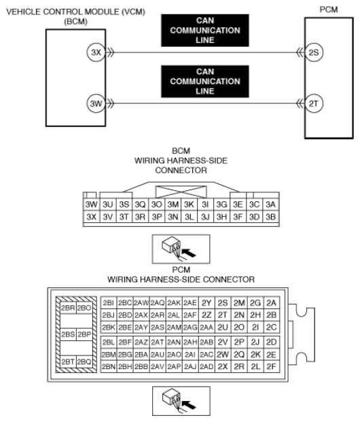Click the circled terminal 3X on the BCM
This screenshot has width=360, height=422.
pos(96,52)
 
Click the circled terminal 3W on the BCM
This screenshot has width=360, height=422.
pos(96,103)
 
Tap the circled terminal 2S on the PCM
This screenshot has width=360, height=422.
pos(314,52)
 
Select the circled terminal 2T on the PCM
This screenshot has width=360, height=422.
pos(314,103)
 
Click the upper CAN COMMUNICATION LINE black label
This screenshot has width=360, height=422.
pos(205,31)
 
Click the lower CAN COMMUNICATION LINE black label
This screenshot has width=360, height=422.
pos(205,82)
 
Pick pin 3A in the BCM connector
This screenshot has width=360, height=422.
pos(270,205)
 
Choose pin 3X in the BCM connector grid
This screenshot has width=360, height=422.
pos(92,217)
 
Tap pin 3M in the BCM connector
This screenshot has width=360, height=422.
pos(173,205)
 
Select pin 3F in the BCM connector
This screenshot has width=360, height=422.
pos(238,217)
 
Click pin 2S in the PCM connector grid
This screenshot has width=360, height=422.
pos(223,303)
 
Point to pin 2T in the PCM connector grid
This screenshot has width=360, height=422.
pos(223,315)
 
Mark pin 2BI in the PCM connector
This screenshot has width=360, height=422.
pos(109,303)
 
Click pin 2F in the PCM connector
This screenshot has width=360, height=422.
pos(272,366)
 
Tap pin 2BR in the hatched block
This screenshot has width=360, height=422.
pos(68,308)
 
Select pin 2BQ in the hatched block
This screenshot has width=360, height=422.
pos(84,362)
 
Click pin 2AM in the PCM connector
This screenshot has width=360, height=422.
pos(174,327)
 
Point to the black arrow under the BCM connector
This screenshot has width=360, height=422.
pos(189,253)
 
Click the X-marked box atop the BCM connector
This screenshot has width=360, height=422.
pos(181,192)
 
